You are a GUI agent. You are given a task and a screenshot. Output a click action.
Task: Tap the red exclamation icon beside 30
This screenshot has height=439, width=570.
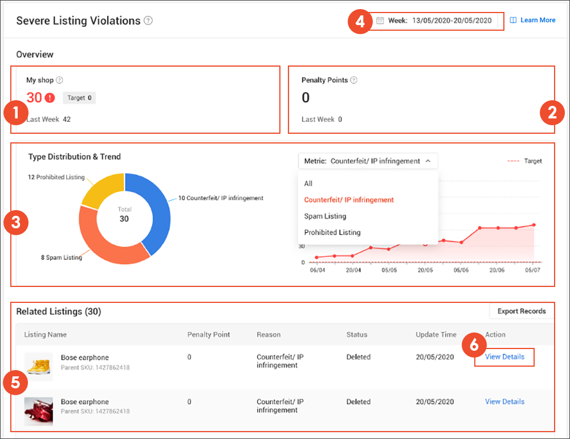click(x=50, y=97)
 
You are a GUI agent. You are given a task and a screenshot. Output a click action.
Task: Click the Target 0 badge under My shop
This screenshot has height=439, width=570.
click(x=79, y=98)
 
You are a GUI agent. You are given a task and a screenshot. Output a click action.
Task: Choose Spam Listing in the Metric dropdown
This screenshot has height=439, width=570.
click(x=325, y=216)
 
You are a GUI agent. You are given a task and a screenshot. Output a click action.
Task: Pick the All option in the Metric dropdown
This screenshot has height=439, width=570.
click(x=308, y=183)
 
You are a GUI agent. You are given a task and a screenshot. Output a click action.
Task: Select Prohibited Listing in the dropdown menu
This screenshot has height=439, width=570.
click(x=332, y=232)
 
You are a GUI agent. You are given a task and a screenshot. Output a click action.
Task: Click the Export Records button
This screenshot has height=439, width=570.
click(x=522, y=311)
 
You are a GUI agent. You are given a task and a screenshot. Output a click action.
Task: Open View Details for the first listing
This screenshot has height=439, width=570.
click(x=504, y=357)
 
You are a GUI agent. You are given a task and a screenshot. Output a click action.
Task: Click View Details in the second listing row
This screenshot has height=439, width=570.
click(x=504, y=401)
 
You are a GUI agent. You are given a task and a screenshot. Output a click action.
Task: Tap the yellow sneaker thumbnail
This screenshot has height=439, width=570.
click(x=39, y=366)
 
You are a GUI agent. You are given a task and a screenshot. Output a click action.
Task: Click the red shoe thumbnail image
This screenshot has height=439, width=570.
click(x=39, y=411)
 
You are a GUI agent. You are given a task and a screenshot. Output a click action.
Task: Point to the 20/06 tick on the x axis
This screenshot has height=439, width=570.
click(x=496, y=270)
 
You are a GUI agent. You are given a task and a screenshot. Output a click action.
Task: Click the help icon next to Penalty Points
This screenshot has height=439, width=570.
click(x=353, y=80)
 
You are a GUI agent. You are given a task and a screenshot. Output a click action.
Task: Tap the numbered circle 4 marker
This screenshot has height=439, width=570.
click(x=359, y=22)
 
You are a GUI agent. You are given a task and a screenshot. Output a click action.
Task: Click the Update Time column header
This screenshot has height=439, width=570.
click(x=436, y=334)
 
